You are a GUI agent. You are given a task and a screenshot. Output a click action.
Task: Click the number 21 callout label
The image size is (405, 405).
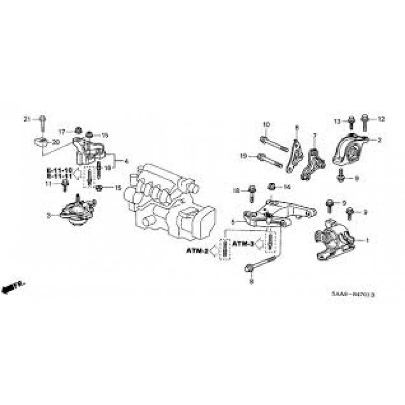[27, 119]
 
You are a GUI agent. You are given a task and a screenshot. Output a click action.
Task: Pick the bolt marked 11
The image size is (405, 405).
[65, 185]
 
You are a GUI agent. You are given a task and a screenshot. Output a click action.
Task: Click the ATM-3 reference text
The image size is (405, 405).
[243, 244]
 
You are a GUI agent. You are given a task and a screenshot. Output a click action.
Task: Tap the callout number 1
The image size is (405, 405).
[368, 240]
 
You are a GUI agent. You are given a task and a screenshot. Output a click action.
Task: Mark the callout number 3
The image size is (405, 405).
[49, 216]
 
